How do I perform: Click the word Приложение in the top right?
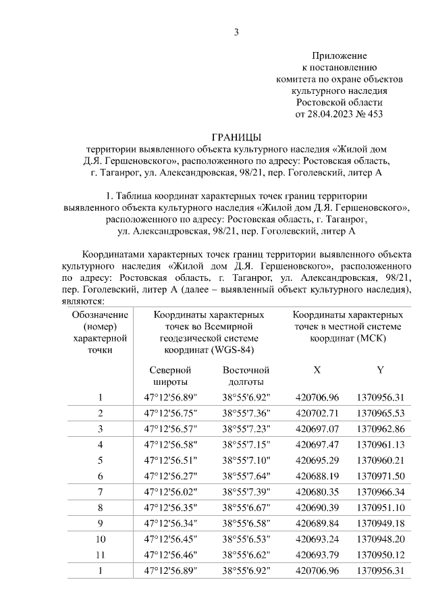coord(339,55)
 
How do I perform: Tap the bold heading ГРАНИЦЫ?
coord(235,137)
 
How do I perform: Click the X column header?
coord(317,370)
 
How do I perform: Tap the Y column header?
coord(380,370)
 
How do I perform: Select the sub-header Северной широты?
coord(171,376)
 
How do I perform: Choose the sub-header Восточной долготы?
coord(246,376)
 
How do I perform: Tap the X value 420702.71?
coord(317,413)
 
